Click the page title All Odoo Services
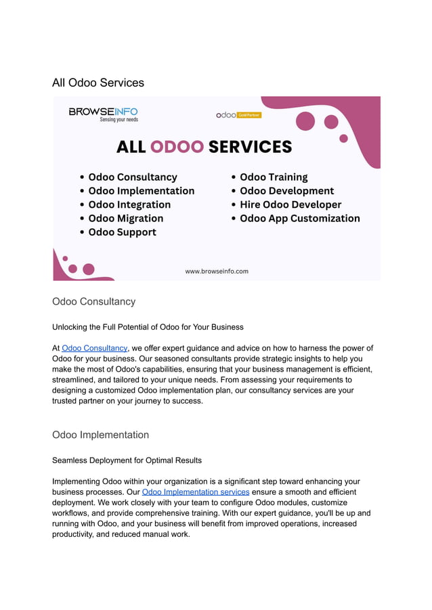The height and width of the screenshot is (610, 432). (x=98, y=83)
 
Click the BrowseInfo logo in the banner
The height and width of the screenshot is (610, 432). (x=103, y=114)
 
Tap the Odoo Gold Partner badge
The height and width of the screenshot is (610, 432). (x=238, y=115)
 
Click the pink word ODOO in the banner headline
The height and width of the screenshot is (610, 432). (x=177, y=147)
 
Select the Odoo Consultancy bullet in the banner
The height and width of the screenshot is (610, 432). (x=132, y=177)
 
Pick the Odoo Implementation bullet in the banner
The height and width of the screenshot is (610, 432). (x=141, y=191)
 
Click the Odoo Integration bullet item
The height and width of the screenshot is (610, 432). (x=129, y=204)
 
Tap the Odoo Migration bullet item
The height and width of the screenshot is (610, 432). (x=125, y=219)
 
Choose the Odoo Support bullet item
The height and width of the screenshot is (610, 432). (x=122, y=232)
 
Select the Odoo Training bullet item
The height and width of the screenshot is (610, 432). (x=274, y=177)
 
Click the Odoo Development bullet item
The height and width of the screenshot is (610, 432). (x=286, y=191)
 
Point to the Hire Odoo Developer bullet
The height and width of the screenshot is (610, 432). (x=290, y=204)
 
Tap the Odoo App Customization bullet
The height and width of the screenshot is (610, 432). (x=299, y=219)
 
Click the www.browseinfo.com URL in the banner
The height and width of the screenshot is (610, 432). (x=217, y=271)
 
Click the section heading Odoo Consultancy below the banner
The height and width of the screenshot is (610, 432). (x=93, y=302)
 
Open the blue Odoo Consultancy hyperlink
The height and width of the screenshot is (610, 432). (x=94, y=348)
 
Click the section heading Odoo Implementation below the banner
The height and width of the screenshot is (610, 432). (x=100, y=435)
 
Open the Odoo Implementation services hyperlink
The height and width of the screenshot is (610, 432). (x=196, y=492)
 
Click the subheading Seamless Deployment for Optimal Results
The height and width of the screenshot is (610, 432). (x=127, y=460)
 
